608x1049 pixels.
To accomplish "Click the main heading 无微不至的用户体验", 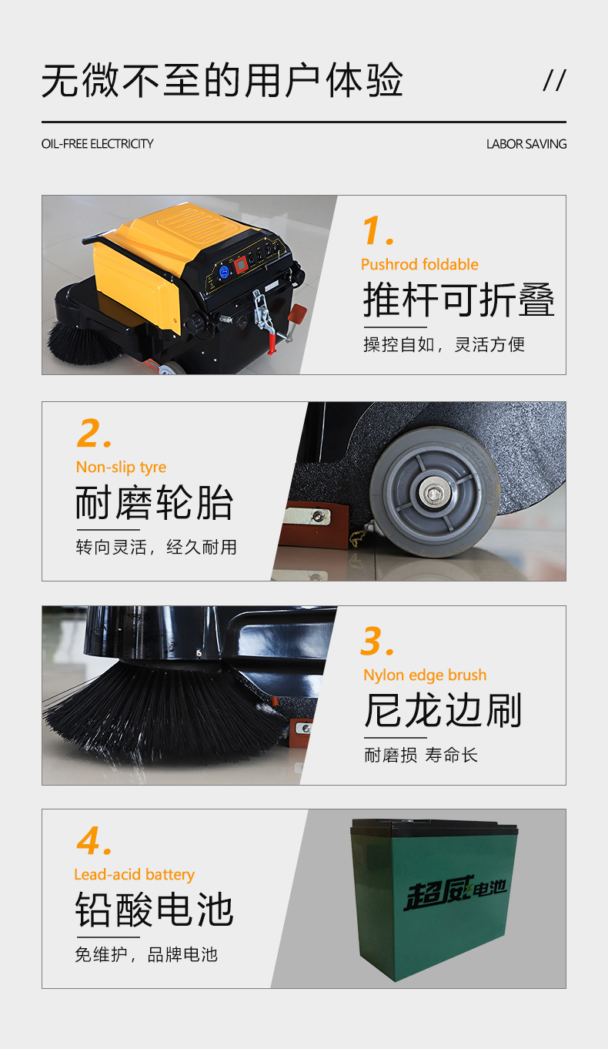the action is (222, 81).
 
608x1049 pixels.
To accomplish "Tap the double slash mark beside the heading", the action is (555, 80).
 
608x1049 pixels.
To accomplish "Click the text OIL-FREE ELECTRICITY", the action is (97, 144).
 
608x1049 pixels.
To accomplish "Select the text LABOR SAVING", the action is (526, 144).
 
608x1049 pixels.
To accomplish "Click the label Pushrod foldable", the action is (419, 265).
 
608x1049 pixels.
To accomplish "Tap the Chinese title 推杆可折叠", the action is (459, 300).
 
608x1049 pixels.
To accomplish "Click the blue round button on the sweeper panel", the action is (224, 271).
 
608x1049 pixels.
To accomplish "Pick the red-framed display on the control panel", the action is (241, 265).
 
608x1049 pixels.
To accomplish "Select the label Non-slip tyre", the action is (121, 468).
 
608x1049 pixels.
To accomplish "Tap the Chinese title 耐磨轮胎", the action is (154, 502).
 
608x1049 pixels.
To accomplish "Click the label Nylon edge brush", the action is (425, 675).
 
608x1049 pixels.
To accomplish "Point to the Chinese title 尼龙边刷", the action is (443, 710).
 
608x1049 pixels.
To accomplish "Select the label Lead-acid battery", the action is (135, 874).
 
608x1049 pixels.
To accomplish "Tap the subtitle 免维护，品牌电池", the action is (146, 954).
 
